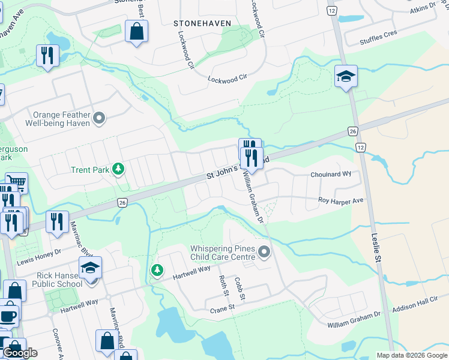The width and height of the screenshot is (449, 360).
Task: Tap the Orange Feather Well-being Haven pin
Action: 100,118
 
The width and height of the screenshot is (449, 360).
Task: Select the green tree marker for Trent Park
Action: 119,170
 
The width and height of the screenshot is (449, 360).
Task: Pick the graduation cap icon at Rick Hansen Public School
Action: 90,268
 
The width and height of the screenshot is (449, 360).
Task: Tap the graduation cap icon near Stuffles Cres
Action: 346,76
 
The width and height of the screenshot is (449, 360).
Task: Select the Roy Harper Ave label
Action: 341,200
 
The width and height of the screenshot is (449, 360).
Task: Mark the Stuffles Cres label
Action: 378,37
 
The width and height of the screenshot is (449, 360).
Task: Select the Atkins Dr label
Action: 423,7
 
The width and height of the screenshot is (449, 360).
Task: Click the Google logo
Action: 20,353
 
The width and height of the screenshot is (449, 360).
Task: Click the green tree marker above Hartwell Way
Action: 157,271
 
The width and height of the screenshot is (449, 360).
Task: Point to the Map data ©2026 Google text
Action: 411,355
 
